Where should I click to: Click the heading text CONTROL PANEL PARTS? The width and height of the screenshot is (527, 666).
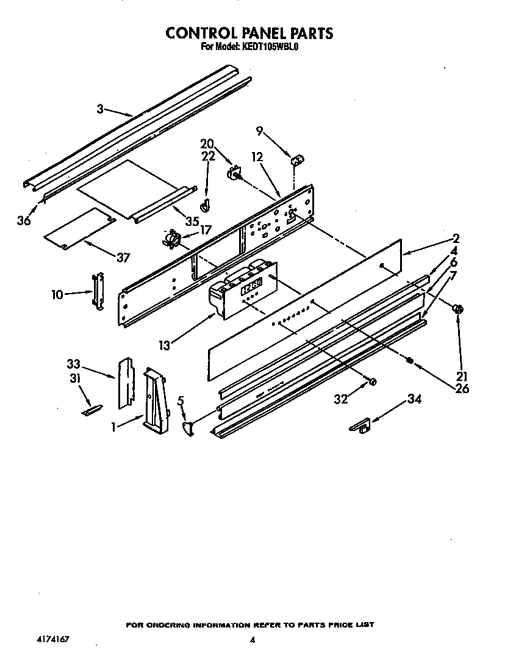[249, 33]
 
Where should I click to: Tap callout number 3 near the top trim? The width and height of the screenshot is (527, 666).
[100, 109]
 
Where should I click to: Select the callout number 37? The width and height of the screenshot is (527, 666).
[123, 258]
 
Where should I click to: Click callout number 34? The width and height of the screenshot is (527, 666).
[414, 400]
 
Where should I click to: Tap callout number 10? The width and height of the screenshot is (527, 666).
[57, 295]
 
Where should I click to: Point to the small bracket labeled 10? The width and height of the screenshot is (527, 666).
[97, 291]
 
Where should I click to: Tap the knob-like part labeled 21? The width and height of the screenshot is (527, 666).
[459, 309]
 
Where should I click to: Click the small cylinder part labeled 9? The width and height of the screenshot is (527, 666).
[298, 160]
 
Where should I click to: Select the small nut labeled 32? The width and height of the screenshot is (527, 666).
[373, 382]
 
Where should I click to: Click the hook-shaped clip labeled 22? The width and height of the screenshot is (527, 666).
[206, 203]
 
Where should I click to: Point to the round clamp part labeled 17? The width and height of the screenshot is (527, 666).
[171, 239]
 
